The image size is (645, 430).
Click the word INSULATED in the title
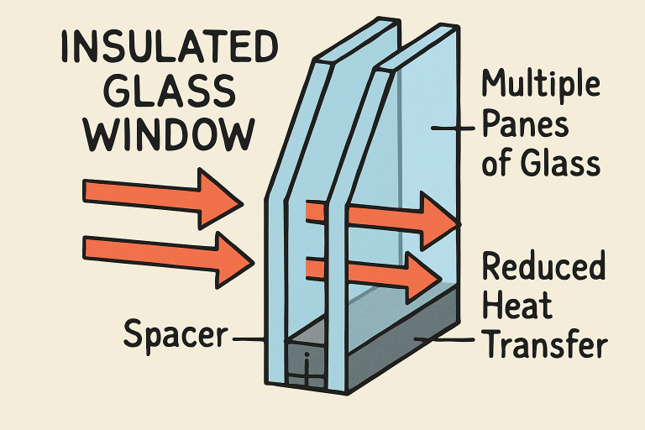tap(170, 47)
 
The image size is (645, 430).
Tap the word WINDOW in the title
tap(169, 134)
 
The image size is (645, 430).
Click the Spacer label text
tap(176, 334)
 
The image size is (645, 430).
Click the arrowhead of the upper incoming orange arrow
tap(219, 199)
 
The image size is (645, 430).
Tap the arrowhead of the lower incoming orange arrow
tap(232, 260)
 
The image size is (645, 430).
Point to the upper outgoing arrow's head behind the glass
tap(439, 222)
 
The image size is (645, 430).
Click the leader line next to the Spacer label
tap(248, 339)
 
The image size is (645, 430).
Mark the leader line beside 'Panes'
tap(453, 128)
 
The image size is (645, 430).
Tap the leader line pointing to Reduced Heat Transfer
tap(443, 339)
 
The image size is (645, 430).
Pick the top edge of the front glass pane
tap(357, 40)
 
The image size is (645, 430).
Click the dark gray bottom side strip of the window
tap(404, 341)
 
